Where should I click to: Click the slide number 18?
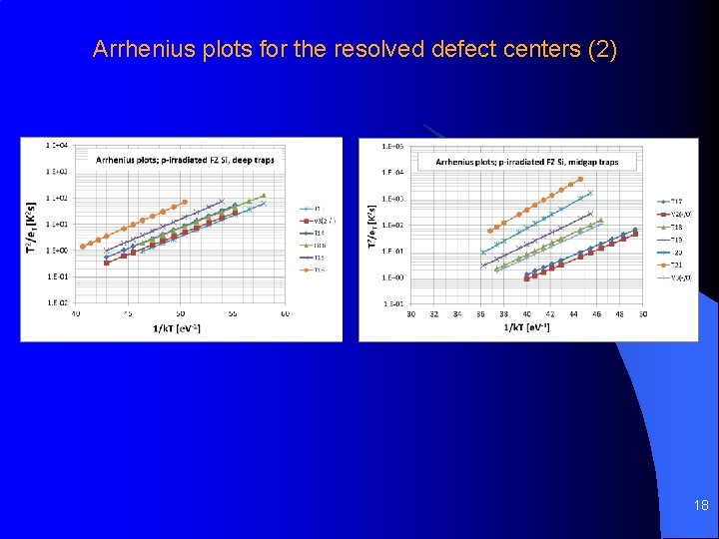tap(701, 506)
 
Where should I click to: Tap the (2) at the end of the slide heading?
tap(602, 49)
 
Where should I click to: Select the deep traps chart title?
tap(185, 159)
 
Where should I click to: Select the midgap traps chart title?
tap(526, 162)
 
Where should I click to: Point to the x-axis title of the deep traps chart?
tap(177, 328)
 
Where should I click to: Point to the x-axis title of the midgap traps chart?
tap(527, 328)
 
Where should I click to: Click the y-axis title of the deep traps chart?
tap(30, 226)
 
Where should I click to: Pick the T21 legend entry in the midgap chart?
tap(675, 265)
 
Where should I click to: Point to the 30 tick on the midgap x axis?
tap(411, 313)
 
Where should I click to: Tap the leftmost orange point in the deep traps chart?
tap(83, 247)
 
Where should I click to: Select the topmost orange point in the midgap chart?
tap(582, 180)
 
